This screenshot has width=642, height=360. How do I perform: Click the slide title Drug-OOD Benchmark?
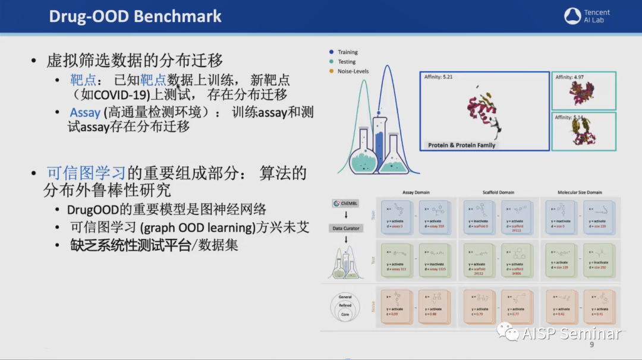[x=135, y=16]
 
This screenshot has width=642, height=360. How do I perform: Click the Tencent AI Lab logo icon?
[x=572, y=16]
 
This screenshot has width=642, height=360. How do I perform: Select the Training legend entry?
[x=348, y=52]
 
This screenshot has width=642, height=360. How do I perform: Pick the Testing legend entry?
[x=347, y=62]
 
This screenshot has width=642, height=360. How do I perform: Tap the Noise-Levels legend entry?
[x=353, y=71]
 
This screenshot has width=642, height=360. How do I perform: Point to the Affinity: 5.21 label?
[x=439, y=77]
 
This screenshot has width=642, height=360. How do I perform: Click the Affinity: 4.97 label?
[x=569, y=77]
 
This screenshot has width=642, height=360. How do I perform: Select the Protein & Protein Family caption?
[x=461, y=145]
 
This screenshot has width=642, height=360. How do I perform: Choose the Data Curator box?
[x=345, y=228]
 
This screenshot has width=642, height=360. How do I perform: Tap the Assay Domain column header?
[x=416, y=192]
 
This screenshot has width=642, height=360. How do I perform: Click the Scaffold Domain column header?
[x=498, y=192]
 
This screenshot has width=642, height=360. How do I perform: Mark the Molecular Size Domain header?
[x=580, y=192]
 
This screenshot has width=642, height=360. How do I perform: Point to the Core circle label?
[x=345, y=314]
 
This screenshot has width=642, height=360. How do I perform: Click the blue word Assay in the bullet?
[x=85, y=112]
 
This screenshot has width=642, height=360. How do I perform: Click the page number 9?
[x=591, y=345]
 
